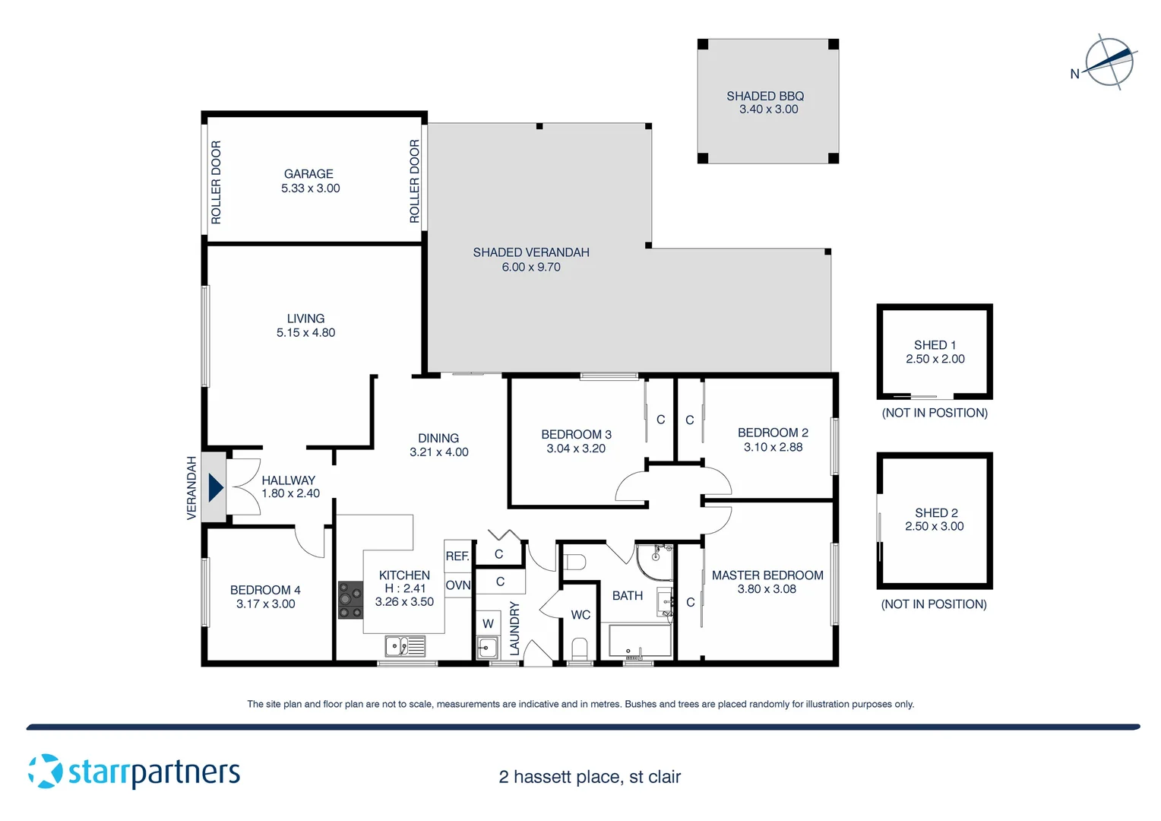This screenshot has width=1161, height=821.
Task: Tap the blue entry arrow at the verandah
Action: (215, 487)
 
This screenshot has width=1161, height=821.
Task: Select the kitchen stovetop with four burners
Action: (350, 600)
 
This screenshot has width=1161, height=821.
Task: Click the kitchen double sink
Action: (405, 646)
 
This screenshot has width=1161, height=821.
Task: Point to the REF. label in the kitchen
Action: (457, 556)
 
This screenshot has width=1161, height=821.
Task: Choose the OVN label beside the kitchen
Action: (458, 585)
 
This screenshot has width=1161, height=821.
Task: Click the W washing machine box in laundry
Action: (488, 623)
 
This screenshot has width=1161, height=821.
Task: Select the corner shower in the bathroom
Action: (653, 562)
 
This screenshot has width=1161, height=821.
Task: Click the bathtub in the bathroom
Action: (640, 641)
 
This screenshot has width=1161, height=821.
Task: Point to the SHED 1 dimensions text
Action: (935, 359)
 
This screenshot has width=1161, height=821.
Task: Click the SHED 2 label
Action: (935, 513)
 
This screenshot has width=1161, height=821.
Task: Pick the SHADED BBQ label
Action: (764, 96)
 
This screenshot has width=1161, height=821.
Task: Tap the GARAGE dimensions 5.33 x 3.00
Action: (310, 189)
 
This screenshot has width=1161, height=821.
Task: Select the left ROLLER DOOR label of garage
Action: (216, 182)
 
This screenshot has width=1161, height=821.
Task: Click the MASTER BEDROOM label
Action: (767, 575)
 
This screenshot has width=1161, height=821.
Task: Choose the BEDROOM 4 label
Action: (265, 590)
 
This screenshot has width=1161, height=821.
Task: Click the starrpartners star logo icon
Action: (45, 771)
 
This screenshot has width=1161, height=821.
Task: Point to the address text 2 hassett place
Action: (589, 777)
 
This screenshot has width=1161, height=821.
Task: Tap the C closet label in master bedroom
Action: (690, 602)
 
